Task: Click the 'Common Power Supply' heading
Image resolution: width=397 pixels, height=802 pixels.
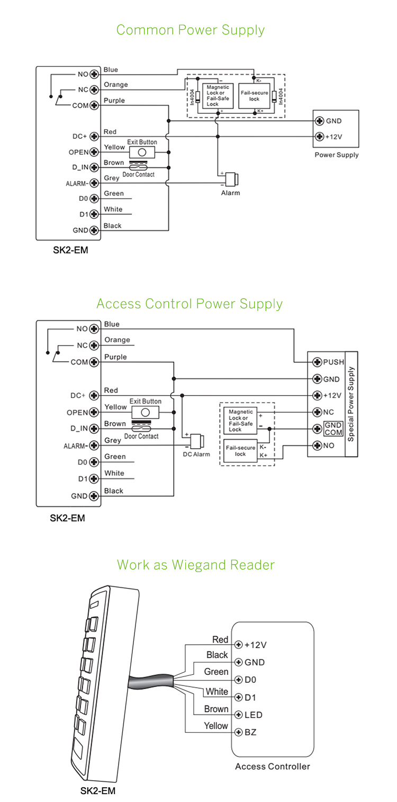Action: coord(191,30)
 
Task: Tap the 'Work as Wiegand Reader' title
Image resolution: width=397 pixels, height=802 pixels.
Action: coord(196,565)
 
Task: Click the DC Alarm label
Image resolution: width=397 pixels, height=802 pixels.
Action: coord(196,454)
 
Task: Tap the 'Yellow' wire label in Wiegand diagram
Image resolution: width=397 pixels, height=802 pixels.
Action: coord(216,726)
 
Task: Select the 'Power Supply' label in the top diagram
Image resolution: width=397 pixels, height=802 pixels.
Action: coord(337,155)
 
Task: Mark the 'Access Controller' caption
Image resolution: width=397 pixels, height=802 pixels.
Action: coord(273,767)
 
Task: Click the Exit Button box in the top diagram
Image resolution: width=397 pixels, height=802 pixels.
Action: coord(141,152)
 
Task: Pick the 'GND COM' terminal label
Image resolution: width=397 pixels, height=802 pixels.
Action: coord(333,429)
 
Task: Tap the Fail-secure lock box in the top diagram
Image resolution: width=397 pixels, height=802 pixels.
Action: coord(255,96)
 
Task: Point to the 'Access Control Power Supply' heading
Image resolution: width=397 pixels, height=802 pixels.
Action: coord(190,304)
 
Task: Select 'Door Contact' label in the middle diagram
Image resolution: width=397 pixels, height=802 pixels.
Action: coord(141,436)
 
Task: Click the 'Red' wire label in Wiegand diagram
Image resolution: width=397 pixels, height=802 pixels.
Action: coord(220,640)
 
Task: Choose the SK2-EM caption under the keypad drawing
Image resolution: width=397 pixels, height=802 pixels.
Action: coord(97,791)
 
